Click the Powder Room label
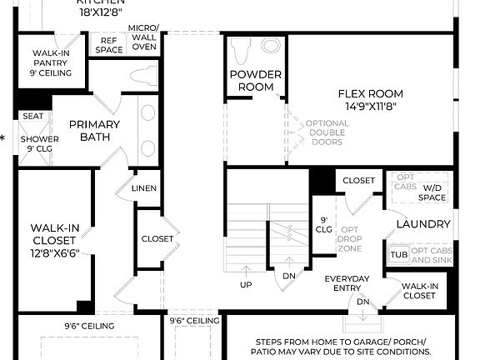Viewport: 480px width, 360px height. coord(255,81)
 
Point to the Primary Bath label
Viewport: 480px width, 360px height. coord(94,131)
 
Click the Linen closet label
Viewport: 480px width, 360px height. coord(143,189)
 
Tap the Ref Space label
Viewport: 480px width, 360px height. coord(110,45)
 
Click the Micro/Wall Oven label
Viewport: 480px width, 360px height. coord(143,37)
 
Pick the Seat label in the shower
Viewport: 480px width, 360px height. coord(32,117)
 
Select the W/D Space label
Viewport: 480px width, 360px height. coord(433,192)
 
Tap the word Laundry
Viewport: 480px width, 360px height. coord(423,224)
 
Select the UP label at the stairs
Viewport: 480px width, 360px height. coord(247,285)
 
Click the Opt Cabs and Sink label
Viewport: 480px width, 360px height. coord(431,255)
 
